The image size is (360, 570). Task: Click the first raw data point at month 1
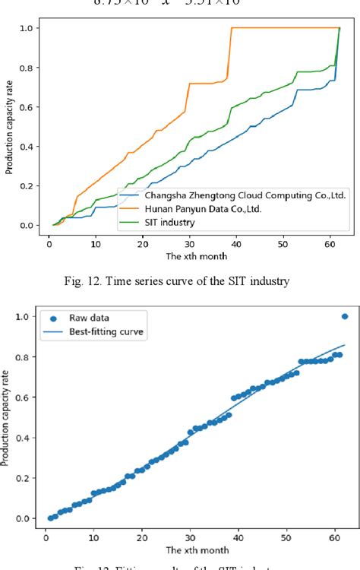(50, 518)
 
